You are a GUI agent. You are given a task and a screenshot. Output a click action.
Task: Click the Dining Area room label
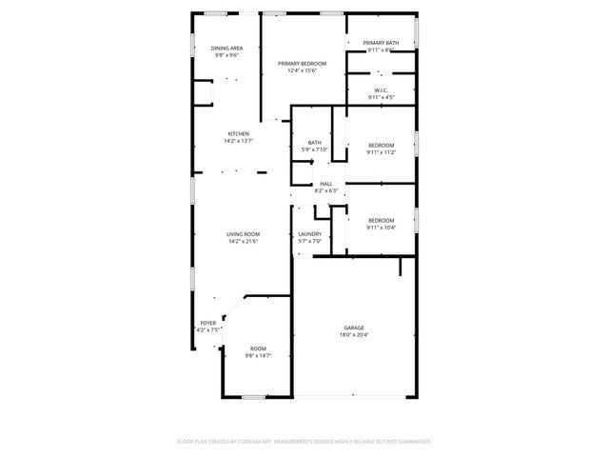click(x=226, y=48)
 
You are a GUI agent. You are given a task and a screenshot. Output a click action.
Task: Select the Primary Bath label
click(x=381, y=43)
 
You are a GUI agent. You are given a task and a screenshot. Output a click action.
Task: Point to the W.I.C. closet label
click(x=381, y=90)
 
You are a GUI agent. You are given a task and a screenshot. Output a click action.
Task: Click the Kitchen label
click(x=238, y=133)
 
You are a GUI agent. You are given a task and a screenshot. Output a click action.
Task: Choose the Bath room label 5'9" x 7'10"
click(x=314, y=143)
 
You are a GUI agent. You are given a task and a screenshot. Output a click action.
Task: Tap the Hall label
click(x=326, y=184)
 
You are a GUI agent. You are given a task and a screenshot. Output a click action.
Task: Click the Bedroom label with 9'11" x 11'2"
click(x=381, y=145)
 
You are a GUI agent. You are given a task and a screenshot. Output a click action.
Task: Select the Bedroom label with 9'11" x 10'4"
click(x=381, y=220)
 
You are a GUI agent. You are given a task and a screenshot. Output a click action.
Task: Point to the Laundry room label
click(x=309, y=234)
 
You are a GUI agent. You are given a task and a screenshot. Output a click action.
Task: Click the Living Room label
click(x=244, y=234)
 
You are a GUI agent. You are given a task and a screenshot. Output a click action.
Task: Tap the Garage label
click(x=354, y=328)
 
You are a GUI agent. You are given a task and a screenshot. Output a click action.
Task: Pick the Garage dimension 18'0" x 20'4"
click(x=354, y=335)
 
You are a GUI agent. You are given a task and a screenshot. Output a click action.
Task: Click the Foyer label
click(x=207, y=323)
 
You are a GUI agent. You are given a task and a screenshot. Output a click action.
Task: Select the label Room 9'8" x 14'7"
click(x=258, y=348)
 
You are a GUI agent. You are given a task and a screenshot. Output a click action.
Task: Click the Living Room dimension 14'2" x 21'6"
click(x=244, y=242)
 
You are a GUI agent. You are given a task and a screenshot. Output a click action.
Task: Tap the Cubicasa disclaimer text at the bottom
click(x=304, y=442)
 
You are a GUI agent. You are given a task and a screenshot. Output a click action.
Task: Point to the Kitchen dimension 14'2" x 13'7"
click(x=238, y=141)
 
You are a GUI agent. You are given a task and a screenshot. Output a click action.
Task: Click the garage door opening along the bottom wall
click(x=354, y=396)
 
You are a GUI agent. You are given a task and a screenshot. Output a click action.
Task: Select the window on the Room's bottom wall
click(x=253, y=396)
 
